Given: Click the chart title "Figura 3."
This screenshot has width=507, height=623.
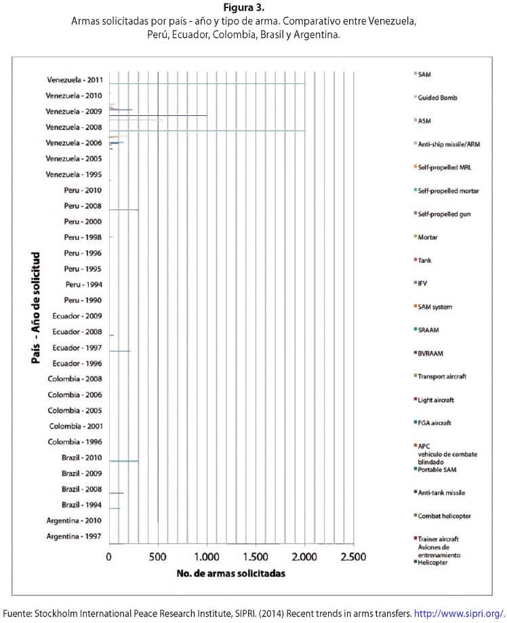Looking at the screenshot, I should (253, 8).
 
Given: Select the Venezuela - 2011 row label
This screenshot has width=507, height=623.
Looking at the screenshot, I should (75, 80).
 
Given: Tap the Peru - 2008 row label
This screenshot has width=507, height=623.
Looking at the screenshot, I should (83, 206).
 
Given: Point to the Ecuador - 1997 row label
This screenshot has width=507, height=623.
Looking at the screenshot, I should (78, 348).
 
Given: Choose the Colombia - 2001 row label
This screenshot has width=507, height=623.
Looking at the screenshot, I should (75, 426).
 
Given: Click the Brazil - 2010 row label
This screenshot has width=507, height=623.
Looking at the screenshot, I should (81, 458).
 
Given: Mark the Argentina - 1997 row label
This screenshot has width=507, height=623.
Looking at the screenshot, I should (75, 537).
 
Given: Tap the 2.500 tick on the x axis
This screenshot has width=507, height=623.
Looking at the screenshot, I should (352, 557).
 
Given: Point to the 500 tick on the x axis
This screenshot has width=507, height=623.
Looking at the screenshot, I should (158, 557).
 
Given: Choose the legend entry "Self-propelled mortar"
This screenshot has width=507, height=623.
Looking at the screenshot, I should (448, 191).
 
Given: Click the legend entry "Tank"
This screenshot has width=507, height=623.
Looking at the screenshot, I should (426, 260).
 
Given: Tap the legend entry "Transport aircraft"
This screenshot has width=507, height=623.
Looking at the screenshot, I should (443, 376).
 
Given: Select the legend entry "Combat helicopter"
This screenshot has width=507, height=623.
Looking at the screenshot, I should (444, 516).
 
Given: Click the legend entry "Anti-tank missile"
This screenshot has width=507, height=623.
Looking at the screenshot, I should (442, 493).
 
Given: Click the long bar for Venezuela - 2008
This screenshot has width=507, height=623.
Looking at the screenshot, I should (207, 130).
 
